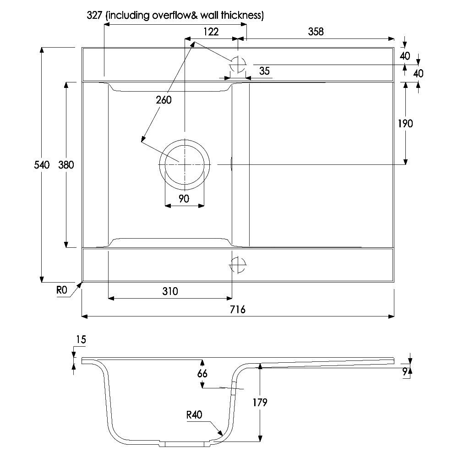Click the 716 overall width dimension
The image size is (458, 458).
click(237, 309)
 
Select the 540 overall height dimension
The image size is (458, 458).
click(42, 165)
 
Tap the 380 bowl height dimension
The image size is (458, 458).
click(66, 165)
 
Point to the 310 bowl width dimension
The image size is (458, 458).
click(170, 291)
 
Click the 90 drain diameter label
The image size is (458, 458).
click(184, 199)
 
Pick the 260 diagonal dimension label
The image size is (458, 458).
click(164, 100)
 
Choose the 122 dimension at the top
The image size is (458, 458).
click(211, 32)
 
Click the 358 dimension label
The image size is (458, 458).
click(316, 32)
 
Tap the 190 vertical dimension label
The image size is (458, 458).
click(405, 124)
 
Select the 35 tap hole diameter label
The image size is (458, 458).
click(264, 71)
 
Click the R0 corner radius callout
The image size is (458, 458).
click(62, 290)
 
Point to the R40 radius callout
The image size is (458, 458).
click(194, 414)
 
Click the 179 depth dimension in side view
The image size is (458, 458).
click(260, 402)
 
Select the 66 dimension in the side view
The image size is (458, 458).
click(202, 373)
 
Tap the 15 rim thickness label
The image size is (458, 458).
click(81, 339)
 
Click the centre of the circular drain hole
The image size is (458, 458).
click(185, 165)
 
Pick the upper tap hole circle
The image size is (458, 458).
click(238, 64)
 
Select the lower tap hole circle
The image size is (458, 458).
click(238, 265)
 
